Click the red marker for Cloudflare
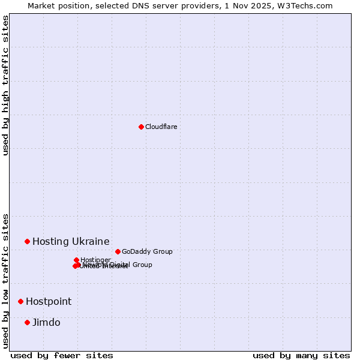141,127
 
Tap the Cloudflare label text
161,127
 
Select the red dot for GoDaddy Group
118,251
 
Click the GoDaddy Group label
147,251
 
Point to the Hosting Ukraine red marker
27,241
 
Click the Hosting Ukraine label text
71,241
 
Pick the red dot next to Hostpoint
20,301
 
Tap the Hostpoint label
49,301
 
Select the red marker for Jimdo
27,322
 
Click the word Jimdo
46,322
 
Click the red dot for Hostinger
76,260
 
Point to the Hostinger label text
96,259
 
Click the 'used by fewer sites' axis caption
62,355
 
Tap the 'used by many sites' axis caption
301,355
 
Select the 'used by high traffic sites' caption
6,85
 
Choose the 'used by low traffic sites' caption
6,280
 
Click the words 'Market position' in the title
56,5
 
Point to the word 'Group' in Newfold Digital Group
142,265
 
